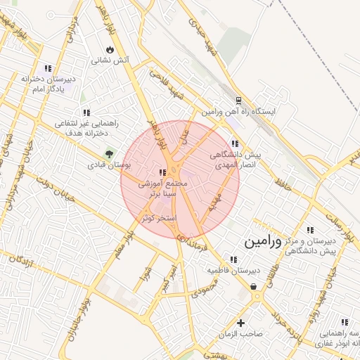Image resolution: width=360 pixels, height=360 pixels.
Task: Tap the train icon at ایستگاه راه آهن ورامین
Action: (x=238, y=101)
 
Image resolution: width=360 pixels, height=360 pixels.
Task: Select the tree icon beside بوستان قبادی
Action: (x=109, y=153)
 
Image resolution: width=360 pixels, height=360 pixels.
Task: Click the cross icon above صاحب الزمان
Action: (x=241, y=323)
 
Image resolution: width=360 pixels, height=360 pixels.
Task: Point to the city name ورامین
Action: (x=263, y=241)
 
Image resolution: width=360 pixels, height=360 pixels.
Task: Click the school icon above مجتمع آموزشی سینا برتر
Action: (x=162, y=172)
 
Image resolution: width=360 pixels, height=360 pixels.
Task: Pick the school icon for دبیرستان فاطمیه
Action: (x=233, y=259)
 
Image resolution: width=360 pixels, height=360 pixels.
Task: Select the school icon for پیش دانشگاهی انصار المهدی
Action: (x=234, y=143)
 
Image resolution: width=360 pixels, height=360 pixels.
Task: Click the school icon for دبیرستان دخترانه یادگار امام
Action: (x=48, y=68)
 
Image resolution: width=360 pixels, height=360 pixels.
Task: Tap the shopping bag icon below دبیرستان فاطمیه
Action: (x=253, y=286)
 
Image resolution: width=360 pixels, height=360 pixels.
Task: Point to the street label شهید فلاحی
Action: (x=170, y=89)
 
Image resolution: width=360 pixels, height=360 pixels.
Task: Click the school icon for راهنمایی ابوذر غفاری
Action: (x=344, y=321)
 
